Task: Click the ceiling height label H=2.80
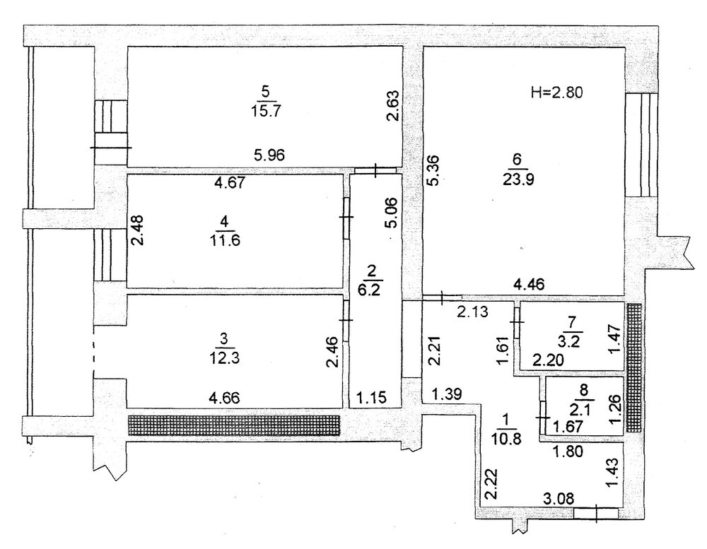coord(557,93)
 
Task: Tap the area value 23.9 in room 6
coord(518,179)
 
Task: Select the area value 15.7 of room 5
coord(266,110)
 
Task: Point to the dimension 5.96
coord(269,155)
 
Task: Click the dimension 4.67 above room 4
coord(230,183)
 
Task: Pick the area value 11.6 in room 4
coord(225,240)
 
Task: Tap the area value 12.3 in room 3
coord(224,358)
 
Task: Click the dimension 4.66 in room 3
coord(225,398)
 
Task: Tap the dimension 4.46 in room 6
coord(530,285)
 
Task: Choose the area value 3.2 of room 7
coord(571,341)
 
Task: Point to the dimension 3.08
coord(559,498)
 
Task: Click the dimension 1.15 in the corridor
coord(372,398)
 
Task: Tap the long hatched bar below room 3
coord(234,425)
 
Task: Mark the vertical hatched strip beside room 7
coord(634,367)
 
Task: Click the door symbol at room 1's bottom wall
coord(596,513)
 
